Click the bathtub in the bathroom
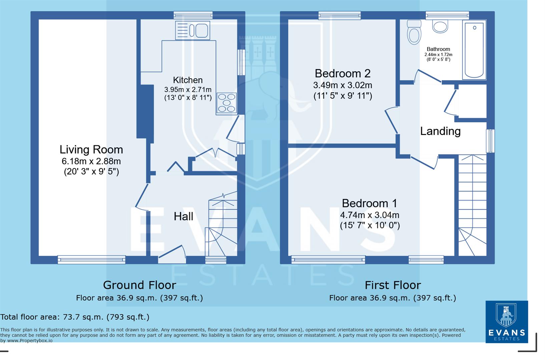[x=474, y=50]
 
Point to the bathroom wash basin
[x=440, y=26]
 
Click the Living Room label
[x=91, y=149]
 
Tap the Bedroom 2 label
[x=343, y=73]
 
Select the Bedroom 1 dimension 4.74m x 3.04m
[x=370, y=215]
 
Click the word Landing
[x=440, y=131]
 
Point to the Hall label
[x=183, y=216]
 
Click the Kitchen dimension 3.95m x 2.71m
[x=188, y=89]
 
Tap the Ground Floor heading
[x=139, y=285]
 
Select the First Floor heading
[x=393, y=285]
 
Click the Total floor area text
[x=75, y=317]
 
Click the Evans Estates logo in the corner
[x=506, y=322]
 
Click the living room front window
[x=91, y=259]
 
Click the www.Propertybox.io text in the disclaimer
[x=30, y=341]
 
